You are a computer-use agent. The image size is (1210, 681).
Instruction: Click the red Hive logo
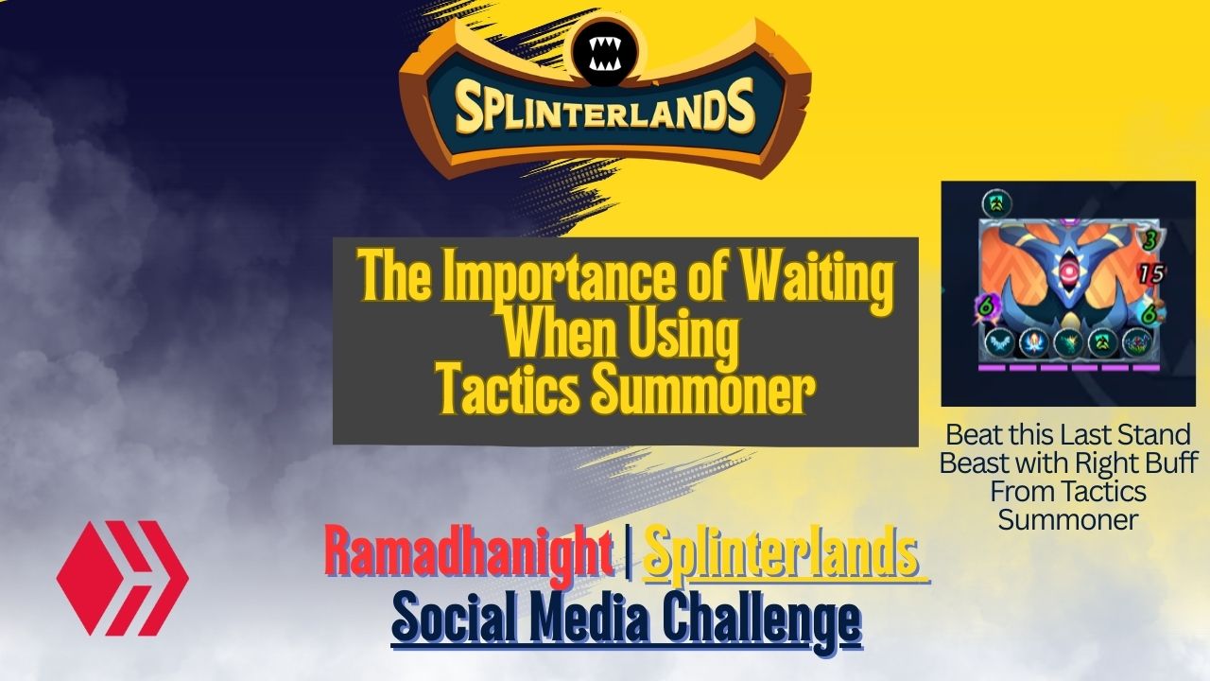123,578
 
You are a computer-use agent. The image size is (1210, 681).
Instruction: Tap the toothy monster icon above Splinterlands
604,55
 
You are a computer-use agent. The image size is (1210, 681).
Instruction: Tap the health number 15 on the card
1151,274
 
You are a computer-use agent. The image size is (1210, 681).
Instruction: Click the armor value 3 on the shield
1150,240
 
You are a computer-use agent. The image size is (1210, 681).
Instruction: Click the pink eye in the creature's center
1068,269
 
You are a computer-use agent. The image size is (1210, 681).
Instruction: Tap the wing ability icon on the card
998,343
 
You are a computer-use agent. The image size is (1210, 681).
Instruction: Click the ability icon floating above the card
996,204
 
